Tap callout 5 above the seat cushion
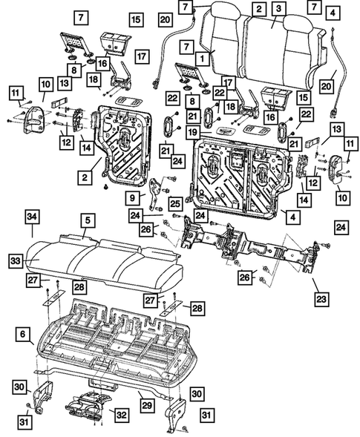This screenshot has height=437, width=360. tap(88, 220)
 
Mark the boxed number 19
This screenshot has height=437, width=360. tap(192, 132)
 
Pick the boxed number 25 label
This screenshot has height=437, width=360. tap(175, 203)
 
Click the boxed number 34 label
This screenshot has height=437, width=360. tap(31, 216)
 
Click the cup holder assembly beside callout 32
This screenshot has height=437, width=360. tap(85, 407)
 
